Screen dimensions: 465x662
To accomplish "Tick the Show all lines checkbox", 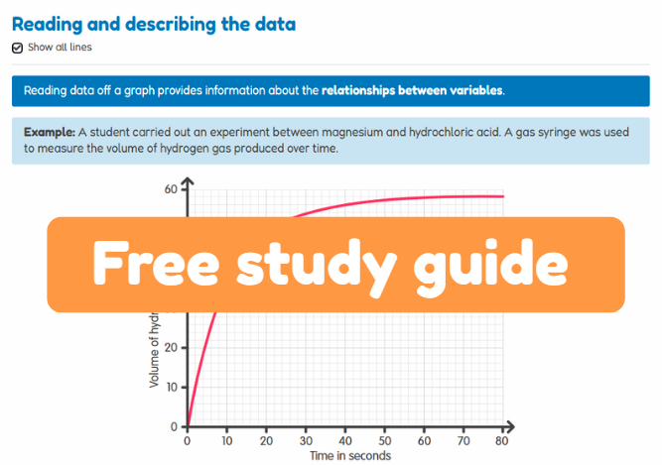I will [x=18, y=48].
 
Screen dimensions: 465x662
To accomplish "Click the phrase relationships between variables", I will [x=412, y=90].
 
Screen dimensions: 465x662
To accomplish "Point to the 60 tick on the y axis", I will [x=171, y=188].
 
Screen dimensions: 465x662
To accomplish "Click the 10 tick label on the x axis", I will [x=226, y=441].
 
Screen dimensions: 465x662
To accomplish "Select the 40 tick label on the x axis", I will [x=344, y=441].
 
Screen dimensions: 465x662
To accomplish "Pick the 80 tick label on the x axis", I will [x=502, y=441].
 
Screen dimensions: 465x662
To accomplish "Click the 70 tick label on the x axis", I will [x=463, y=441].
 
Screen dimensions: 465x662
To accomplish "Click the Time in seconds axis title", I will [x=350, y=456].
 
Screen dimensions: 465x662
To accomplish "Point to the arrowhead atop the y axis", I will [x=187, y=181].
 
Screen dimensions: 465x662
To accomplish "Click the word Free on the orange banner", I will [x=153, y=263].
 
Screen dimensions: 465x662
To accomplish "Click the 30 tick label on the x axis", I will [x=305, y=441].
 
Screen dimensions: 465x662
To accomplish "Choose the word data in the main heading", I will [x=268, y=24].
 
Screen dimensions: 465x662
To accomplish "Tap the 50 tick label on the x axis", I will [x=384, y=441].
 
